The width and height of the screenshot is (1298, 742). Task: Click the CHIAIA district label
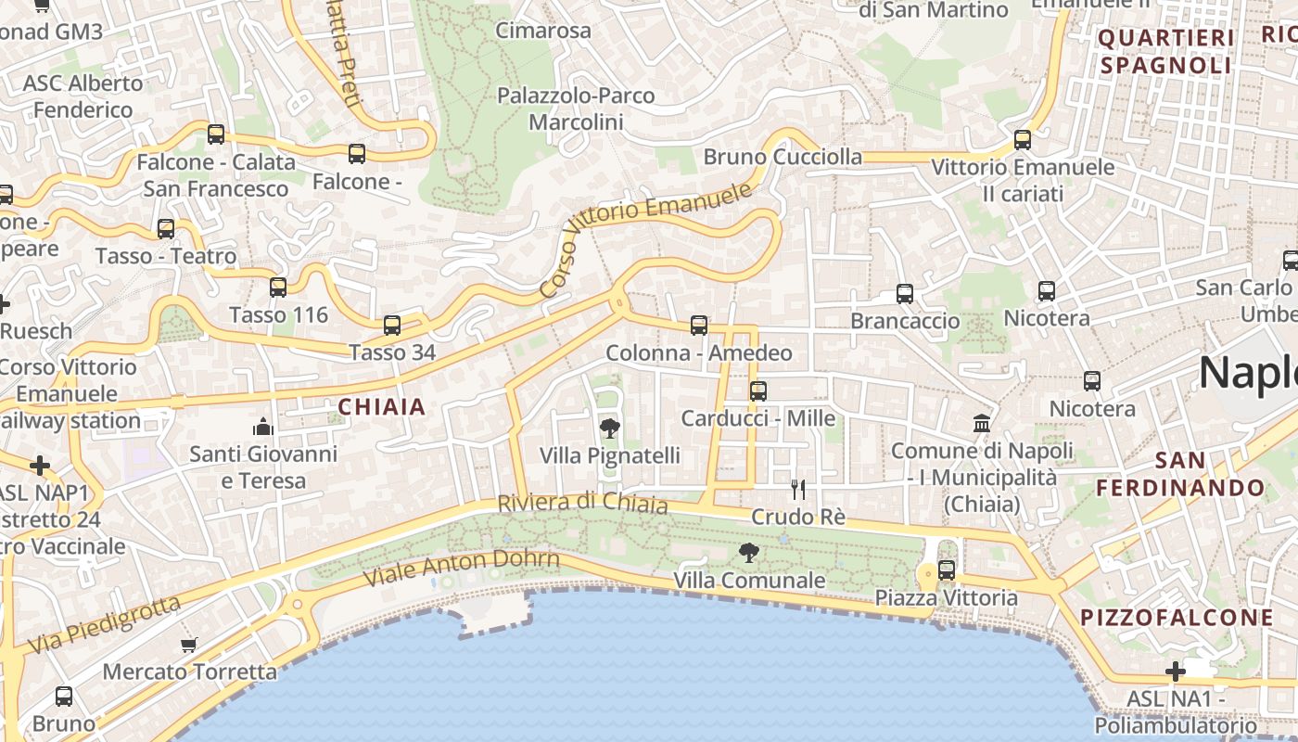point(382,406)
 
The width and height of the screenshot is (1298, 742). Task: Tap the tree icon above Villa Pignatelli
point(610,428)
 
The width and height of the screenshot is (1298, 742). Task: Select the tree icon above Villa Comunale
point(749,554)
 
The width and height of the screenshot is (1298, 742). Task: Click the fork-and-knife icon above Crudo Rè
point(797,489)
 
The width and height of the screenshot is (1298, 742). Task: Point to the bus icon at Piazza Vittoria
point(947,569)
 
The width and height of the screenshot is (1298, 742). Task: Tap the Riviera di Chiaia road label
point(582,503)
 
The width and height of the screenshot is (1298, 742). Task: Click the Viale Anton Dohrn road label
point(461,568)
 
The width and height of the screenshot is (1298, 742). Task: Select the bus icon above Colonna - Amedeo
point(699,326)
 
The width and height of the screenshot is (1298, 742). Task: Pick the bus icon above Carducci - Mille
point(758,390)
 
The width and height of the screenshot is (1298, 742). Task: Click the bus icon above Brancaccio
point(905,294)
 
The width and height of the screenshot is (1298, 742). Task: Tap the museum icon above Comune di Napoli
point(981,424)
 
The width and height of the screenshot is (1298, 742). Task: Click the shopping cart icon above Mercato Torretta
point(189,644)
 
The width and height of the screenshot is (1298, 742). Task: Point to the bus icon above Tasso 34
point(392,325)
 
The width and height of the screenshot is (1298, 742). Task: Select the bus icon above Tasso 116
point(278,287)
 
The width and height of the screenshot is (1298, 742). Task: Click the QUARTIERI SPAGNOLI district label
point(1166,52)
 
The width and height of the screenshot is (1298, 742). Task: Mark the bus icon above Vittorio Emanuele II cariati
point(1023,140)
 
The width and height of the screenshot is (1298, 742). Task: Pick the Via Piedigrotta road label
point(104,624)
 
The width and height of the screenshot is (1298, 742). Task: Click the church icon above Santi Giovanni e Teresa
point(263,427)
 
